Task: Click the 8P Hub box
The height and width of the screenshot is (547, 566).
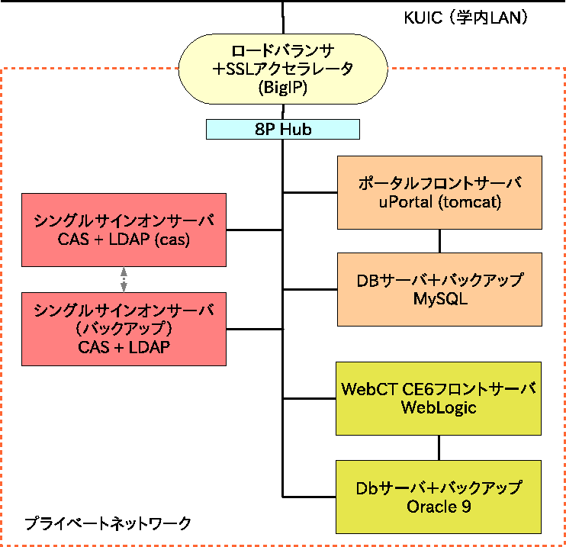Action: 283,130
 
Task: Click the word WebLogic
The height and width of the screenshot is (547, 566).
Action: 439,407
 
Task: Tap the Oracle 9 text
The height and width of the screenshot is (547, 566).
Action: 439,505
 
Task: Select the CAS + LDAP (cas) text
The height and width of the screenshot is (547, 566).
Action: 124,239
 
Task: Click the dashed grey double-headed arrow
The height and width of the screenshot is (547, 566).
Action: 124,279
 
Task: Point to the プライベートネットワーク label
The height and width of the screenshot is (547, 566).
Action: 107,524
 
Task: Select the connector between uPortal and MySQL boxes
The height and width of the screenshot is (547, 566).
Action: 439,241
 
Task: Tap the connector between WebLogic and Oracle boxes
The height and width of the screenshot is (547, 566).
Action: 439,448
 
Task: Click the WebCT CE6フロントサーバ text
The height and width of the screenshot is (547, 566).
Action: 439,389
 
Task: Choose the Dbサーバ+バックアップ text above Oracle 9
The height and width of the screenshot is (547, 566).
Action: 439,487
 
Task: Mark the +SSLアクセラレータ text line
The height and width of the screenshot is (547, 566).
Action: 283,70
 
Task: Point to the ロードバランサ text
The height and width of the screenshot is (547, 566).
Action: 283,52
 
